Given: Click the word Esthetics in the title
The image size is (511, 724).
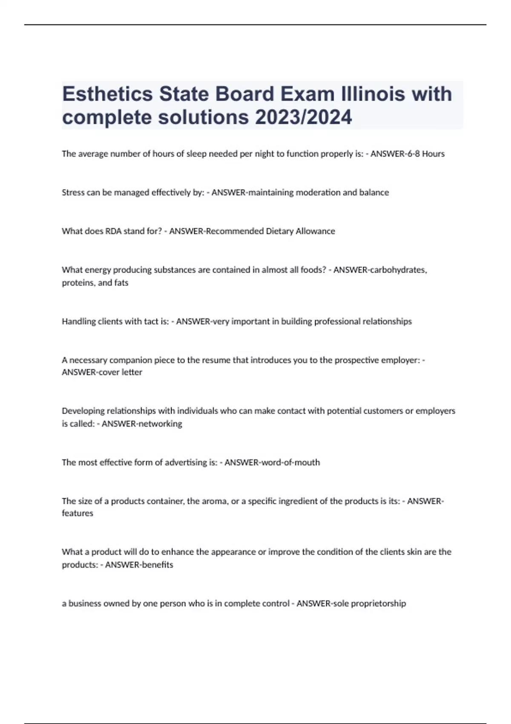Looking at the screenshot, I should click(108, 94).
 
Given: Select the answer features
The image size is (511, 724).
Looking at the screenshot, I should click(78, 513).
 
